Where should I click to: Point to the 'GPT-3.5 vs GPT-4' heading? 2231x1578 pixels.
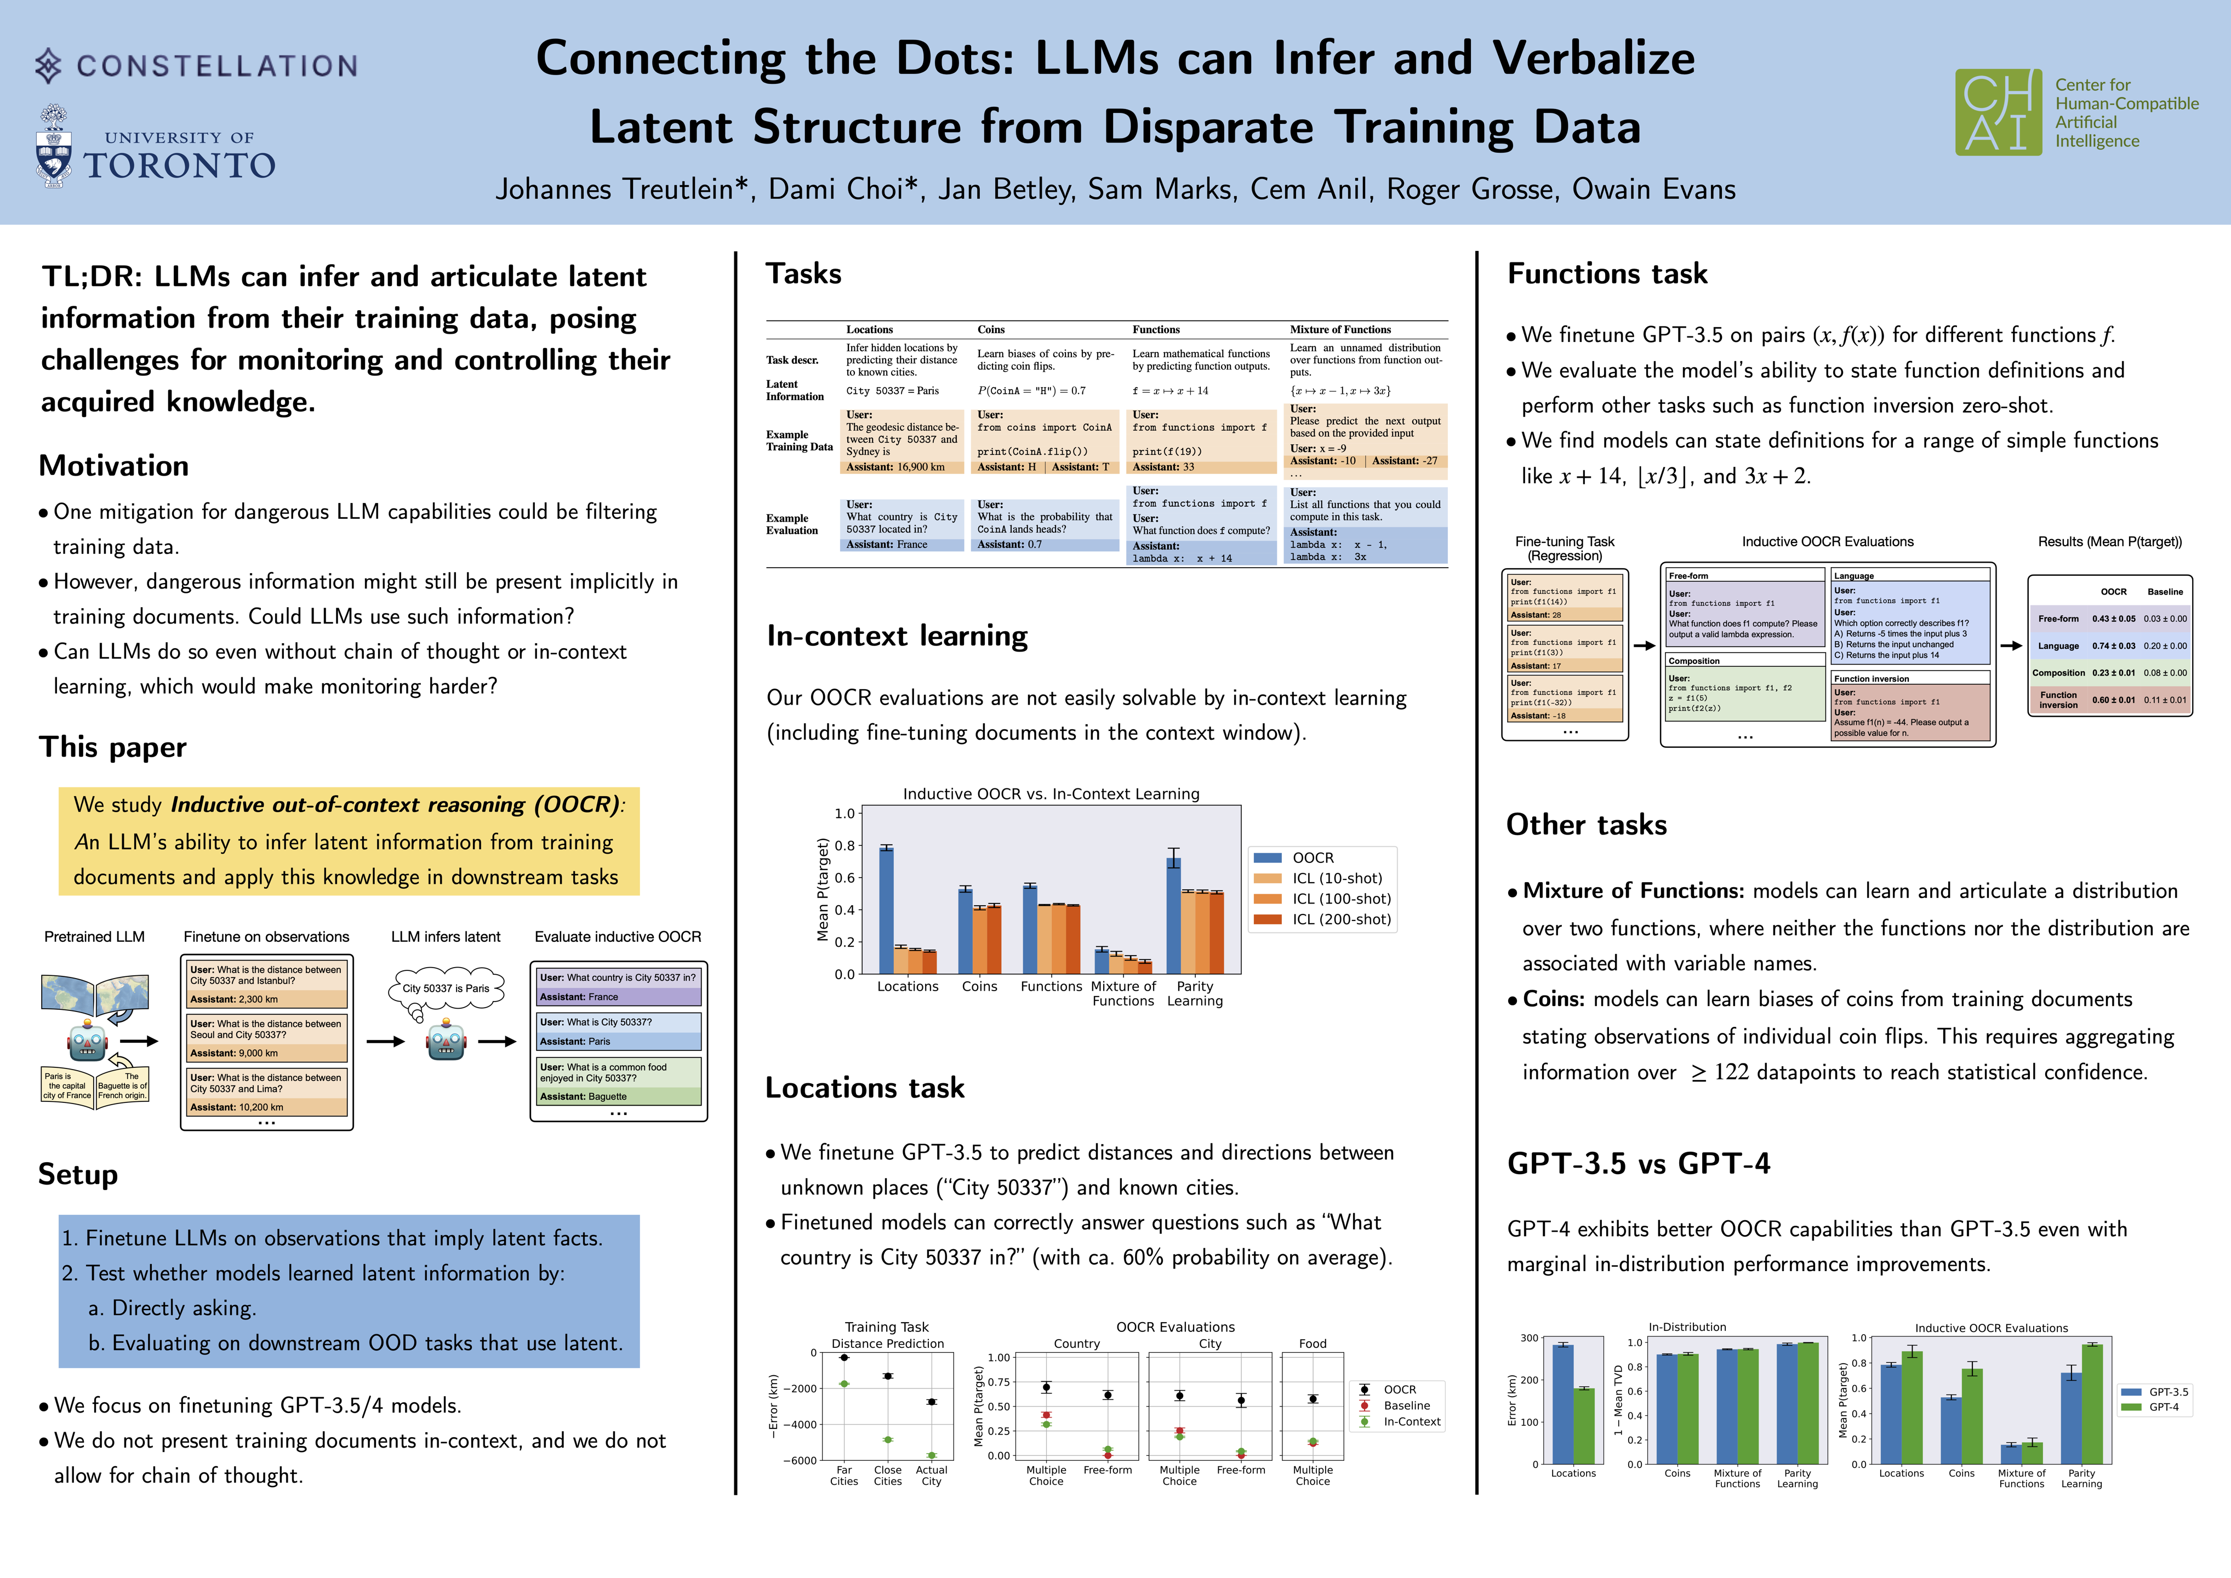(1638, 1163)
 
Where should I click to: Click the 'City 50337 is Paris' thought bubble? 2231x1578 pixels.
(446, 988)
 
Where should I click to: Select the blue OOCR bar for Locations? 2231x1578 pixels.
(886, 910)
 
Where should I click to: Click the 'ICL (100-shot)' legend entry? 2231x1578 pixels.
(1341, 899)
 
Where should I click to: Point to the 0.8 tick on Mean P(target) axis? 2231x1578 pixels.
(845, 845)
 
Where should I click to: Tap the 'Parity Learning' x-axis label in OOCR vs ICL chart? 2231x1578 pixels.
(1195, 993)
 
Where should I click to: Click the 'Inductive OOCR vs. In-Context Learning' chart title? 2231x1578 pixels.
(1051, 794)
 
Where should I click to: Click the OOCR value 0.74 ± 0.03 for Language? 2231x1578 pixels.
(2113, 645)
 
